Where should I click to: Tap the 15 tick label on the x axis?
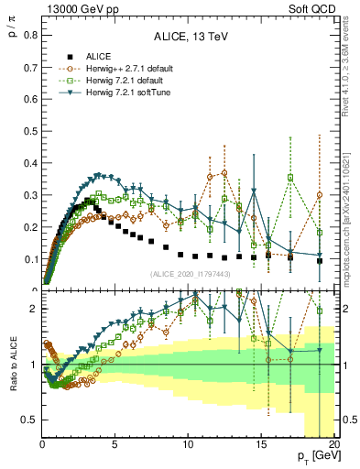[x=261, y=444]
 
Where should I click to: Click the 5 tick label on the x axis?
[x=115, y=444]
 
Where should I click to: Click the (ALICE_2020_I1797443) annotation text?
[x=189, y=274]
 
